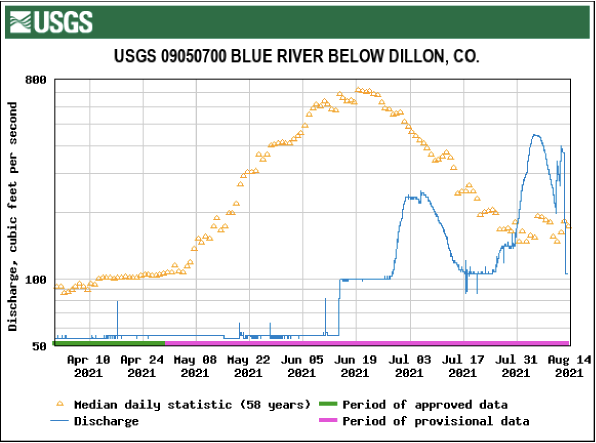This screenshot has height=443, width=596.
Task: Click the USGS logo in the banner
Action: click(51, 22)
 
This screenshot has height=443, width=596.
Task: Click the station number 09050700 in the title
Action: click(193, 56)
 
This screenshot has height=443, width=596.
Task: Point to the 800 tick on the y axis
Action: click(36, 80)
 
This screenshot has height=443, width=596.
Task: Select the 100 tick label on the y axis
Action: click(36, 280)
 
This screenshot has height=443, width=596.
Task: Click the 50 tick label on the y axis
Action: click(39, 346)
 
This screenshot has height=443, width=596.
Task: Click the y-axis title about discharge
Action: click(12, 216)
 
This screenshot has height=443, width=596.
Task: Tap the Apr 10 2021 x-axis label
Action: click(89, 366)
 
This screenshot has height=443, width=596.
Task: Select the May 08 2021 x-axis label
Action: click(195, 366)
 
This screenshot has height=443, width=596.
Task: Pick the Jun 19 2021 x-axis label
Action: click(355, 366)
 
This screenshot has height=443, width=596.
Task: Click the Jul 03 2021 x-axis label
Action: click(409, 366)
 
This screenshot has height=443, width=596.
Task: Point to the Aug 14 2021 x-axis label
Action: click(569, 366)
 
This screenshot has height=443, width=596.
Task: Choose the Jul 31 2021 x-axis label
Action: click(516, 366)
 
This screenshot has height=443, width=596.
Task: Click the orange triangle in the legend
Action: click(60, 404)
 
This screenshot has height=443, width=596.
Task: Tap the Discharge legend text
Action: click(106, 421)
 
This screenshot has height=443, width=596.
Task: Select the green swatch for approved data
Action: click(328, 404)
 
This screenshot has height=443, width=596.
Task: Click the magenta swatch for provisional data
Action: click(328, 420)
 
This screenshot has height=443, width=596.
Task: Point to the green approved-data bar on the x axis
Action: click(109, 343)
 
